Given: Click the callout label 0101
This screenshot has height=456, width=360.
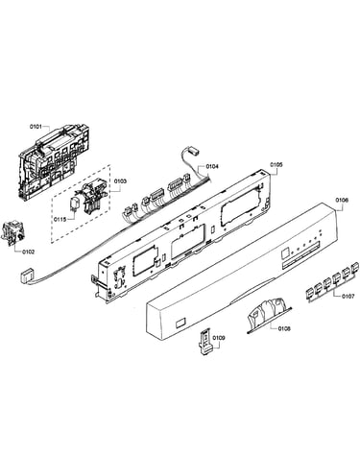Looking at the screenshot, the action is (36, 127).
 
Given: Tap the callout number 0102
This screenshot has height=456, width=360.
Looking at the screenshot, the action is (28, 252).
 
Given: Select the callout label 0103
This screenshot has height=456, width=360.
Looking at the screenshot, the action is (120, 181).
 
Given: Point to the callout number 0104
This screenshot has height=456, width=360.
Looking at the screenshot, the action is (212, 166).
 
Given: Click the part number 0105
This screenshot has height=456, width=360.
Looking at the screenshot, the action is (276, 164).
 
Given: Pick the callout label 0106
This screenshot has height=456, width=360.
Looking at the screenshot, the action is (342, 200).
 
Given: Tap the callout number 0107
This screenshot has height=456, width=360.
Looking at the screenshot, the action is (348, 297).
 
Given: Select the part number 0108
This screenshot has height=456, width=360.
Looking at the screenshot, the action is (284, 328).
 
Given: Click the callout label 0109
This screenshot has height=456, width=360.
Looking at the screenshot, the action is (219, 338).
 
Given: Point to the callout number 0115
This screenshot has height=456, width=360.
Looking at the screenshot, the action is (60, 219).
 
